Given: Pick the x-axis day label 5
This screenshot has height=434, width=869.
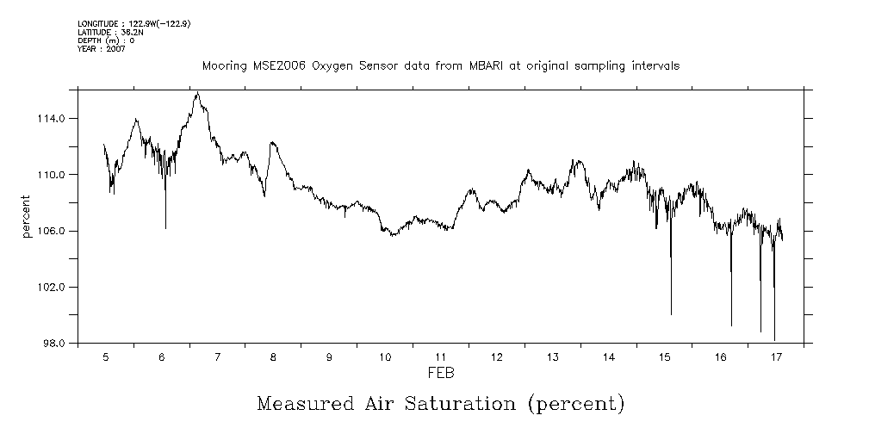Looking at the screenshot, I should (x=106, y=356).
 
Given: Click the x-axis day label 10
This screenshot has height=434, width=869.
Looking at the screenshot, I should (x=385, y=356).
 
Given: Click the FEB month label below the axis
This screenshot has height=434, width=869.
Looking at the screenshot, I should (x=441, y=373).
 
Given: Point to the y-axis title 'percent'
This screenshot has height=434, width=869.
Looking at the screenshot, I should (x=28, y=219).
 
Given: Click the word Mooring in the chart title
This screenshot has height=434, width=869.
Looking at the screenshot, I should (x=221, y=66).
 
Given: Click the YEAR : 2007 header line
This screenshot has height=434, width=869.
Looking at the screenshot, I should (x=102, y=49).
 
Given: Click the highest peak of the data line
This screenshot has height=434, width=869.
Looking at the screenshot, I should (x=198, y=93).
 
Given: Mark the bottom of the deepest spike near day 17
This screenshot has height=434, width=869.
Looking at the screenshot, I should (x=774, y=340).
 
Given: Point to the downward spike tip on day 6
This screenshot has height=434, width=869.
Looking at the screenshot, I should (x=165, y=228).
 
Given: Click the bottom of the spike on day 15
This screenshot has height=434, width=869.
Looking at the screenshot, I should (x=671, y=314).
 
